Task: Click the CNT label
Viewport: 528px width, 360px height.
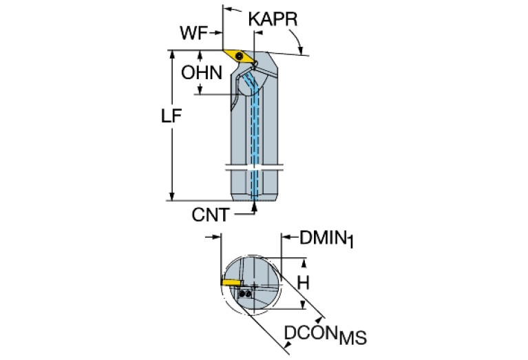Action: click(210, 215)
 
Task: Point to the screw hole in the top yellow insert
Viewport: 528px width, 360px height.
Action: click(238, 55)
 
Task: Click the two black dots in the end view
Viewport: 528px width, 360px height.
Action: click(245, 293)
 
